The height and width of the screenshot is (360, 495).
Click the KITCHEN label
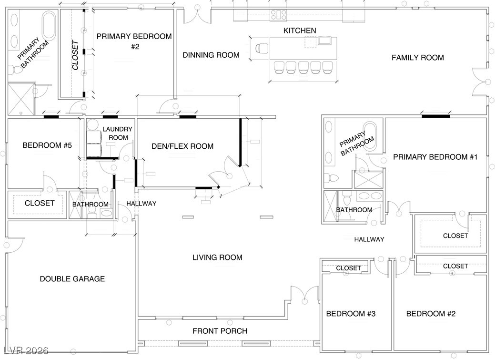[300, 31]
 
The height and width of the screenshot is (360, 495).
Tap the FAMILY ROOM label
[418, 58]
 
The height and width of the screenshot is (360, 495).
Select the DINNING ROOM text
[211, 55]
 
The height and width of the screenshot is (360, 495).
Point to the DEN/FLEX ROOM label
[182, 146]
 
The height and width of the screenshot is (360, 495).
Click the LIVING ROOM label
[218, 257]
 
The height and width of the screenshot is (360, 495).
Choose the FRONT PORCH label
[220, 331]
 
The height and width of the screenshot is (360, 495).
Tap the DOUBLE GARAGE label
[72, 279]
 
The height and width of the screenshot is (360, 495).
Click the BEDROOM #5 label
[47, 145]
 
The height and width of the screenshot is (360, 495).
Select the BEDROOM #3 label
[351, 314]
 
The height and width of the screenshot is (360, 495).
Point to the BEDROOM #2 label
[431, 314]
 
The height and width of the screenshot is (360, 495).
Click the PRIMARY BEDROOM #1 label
[435, 157]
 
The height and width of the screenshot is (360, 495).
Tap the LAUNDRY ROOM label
[117, 133]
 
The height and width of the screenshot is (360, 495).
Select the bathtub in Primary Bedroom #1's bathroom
[370, 136]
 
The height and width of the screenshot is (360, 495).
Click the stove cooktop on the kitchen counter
[278, 15]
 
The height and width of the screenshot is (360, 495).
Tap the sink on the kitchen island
[325, 41]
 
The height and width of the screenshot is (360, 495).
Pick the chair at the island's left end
[262, 48]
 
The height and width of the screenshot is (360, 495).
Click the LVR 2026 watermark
[26, 350]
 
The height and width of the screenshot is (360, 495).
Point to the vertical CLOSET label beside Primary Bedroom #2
[75, 55]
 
